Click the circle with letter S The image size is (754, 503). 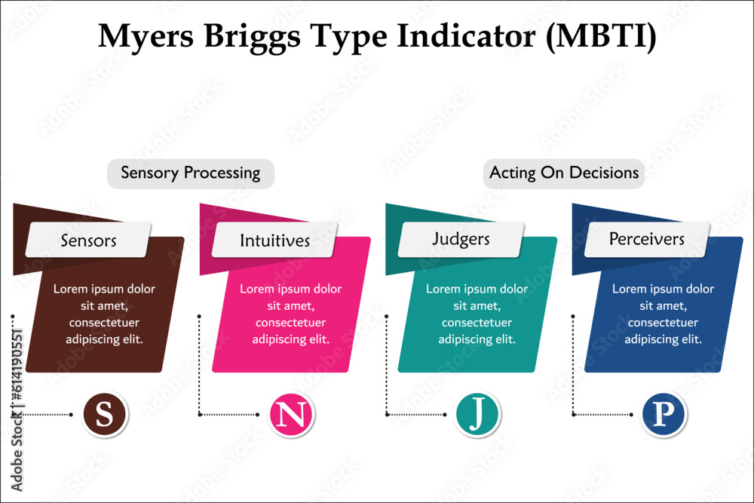click(x=105, y=414)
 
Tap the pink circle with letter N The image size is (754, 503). click(x=292, y=414)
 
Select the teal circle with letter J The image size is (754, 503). click(x=478, y=414)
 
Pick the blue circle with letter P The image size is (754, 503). click(x=664, y=414)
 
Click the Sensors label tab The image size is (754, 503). click(x=88, y=241)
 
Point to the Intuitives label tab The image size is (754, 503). click(x=274, y=241)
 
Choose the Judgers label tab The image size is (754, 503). click(x=461, y=240)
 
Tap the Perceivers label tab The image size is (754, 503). click(x=647, y=240)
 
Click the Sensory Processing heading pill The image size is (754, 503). click(x=190, y=173)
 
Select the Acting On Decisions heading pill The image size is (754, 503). click(x=564, y=173)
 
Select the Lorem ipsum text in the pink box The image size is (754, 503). click(x=290, y=314)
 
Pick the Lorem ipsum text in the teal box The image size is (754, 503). click(x=477, y=314)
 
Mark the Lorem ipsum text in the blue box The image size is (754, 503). click(x=663, y=314)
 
